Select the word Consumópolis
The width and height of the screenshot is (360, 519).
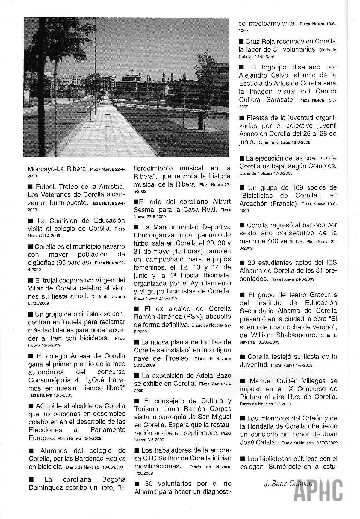click(49, 380)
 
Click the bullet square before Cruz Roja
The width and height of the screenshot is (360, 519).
click(241, 41)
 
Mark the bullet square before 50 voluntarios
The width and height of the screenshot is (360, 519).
click(137, 484)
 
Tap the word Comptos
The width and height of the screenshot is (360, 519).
click(323, 166)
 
